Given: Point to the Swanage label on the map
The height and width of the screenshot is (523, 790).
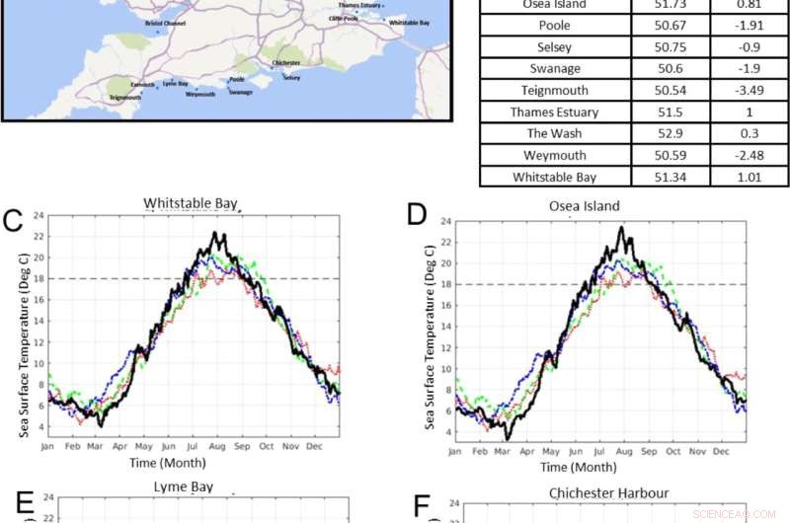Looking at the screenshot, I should tap(240, 92).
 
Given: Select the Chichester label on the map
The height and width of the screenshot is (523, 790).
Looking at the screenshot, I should tap(285, 63).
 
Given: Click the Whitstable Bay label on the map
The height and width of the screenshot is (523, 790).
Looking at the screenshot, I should tap(409, 22).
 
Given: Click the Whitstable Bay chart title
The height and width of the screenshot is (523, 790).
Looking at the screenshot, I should tap(191, 204).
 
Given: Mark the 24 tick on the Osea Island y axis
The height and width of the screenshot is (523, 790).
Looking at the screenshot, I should tap(439, 221).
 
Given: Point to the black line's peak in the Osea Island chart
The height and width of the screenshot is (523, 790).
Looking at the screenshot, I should tap(621, 227).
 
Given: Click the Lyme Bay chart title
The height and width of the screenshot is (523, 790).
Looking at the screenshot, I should tap(191, 487).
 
